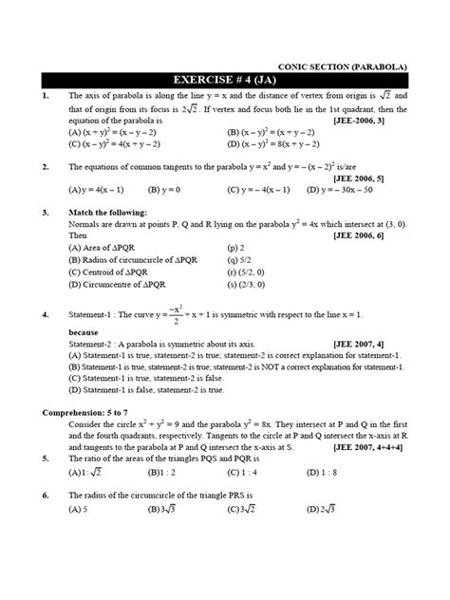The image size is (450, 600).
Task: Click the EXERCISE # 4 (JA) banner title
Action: coord(224,81)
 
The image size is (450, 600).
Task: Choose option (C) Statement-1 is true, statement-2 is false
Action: coord(174,376)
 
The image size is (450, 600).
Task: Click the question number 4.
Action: coord(46,313)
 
